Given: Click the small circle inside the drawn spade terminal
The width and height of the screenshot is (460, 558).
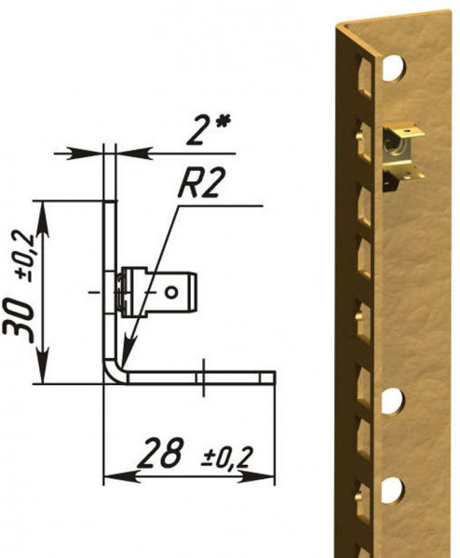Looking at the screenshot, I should pyautogui.click(x=171, y=292).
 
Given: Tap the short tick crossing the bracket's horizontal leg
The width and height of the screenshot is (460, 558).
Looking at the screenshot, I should pyautogui.click(x=203, y=376).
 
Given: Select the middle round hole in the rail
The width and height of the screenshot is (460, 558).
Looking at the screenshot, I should pyautogui.click(x=393, y=402).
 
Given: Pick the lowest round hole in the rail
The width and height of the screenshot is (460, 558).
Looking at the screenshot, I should pyautogui.click(x=393, y=487).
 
